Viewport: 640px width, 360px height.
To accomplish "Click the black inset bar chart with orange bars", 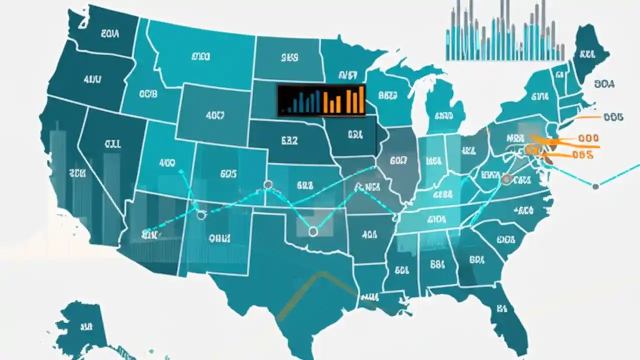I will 321,100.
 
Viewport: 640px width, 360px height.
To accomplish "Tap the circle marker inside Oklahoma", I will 313,231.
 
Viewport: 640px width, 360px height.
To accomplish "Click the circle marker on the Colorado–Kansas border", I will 268,185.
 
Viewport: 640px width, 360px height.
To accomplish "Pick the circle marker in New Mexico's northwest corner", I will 201,215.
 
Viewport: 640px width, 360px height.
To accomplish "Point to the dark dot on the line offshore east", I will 595,187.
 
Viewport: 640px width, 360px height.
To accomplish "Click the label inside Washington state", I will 109,34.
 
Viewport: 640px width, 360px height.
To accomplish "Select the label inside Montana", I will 200,57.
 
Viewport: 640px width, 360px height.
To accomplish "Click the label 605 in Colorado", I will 228,174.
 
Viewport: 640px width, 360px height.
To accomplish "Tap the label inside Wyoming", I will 215,115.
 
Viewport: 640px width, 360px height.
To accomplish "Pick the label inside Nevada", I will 112,144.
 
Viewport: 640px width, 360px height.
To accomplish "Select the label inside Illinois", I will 398,160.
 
